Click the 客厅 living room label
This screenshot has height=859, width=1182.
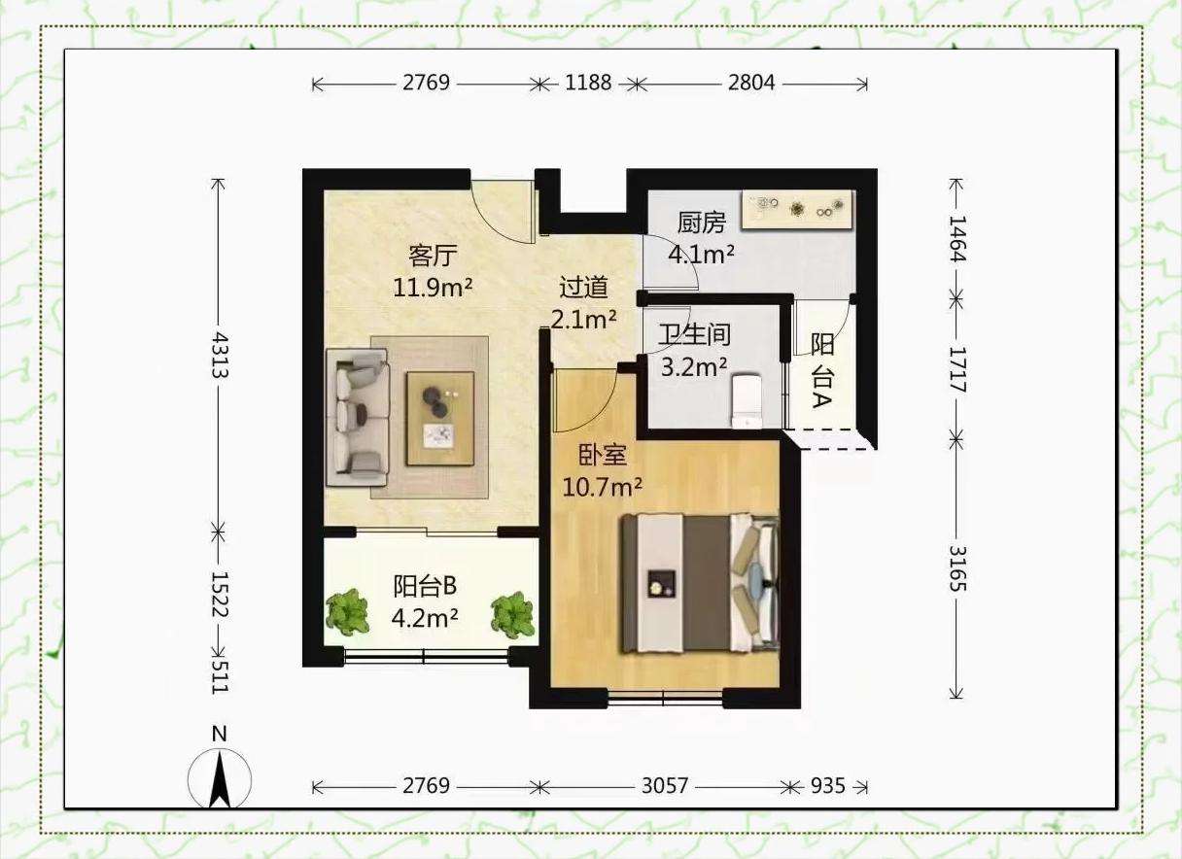pos(433,256)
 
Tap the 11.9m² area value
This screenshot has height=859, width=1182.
pos(433,288)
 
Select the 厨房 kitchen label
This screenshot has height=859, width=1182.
pos(701,223)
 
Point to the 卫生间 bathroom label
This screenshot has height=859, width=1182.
pos(694,334)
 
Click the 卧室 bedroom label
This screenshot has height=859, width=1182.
pos(603,455)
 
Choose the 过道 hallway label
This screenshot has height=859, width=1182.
pos(583,288)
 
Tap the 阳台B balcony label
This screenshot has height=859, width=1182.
pos(425,586)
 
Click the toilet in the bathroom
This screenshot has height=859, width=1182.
pos(747,400)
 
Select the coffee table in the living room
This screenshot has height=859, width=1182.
pos(440,419)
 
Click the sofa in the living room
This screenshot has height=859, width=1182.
pos(358,416)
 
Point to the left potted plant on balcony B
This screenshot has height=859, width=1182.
pos(347,612)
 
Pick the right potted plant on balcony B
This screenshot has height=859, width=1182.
pos(512,615)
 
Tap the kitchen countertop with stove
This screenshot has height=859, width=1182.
pos(797,210)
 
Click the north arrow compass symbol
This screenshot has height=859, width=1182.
pos(220,780)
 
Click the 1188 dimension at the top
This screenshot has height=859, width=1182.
pos(588,83)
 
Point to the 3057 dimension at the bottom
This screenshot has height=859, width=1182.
pos(665,786)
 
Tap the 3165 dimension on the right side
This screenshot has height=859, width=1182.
pos(957,568)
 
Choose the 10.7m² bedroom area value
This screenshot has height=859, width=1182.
pos(603,487)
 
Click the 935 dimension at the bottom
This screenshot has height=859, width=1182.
pos(828,786)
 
